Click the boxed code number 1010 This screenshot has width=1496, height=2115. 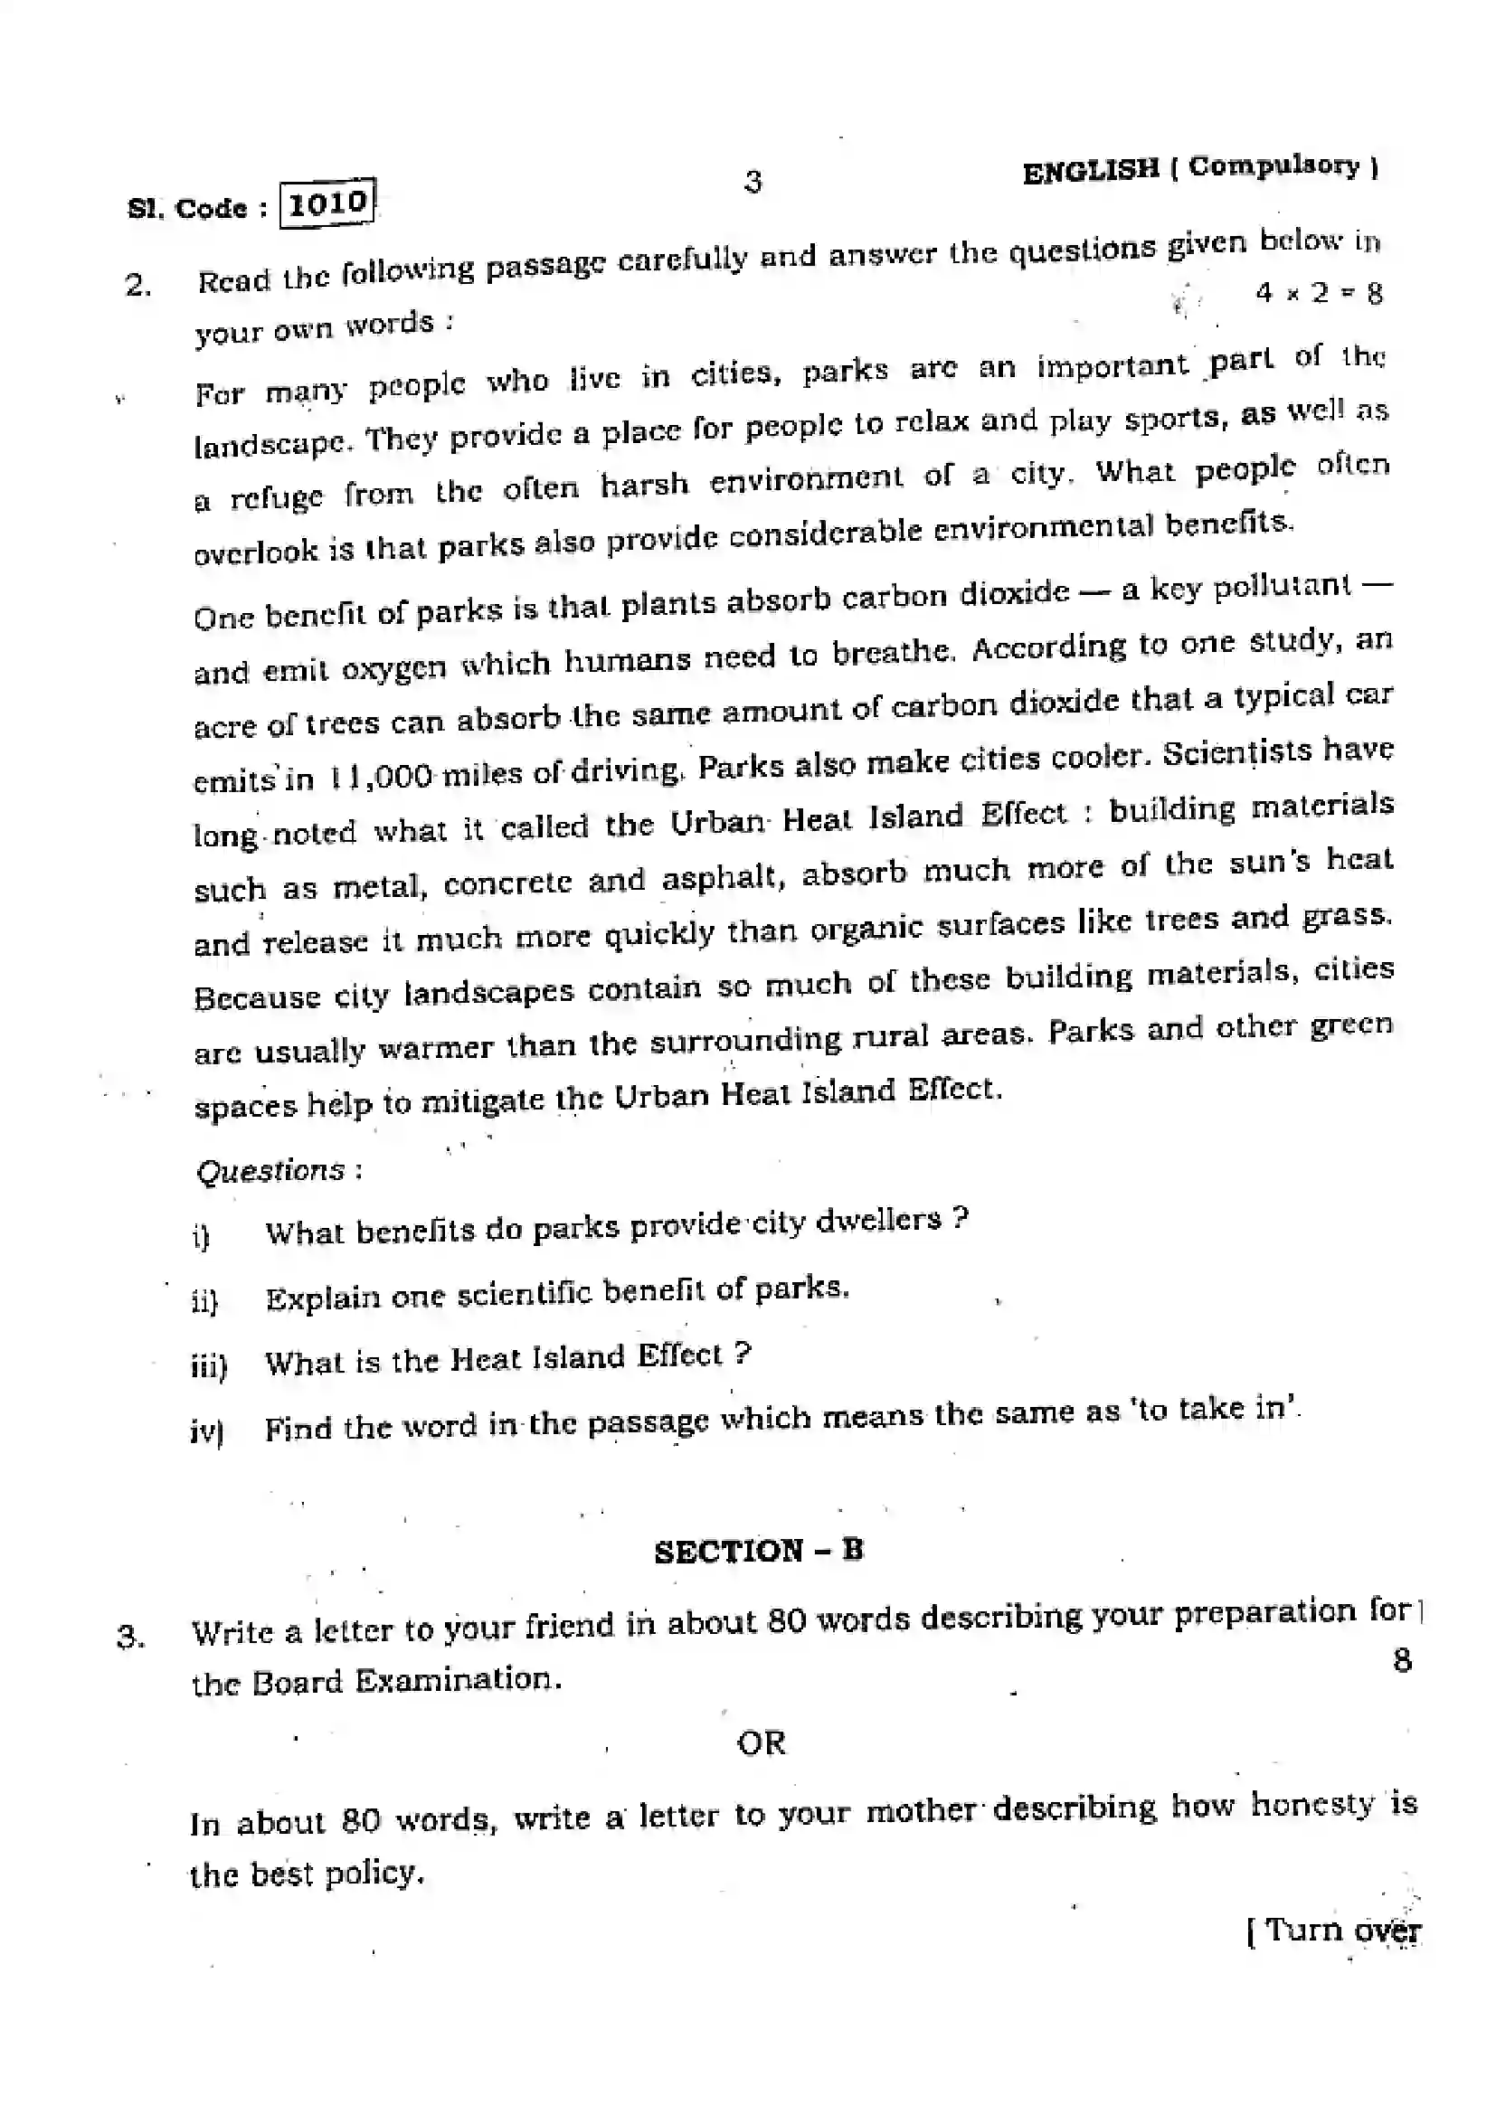coord(328,203)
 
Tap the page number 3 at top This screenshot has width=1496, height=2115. coord(753,182)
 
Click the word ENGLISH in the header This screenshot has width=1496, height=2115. coord(1091,171)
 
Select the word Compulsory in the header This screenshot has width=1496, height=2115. coord(1273,166)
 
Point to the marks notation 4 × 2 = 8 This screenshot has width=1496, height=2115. coord(1318,293)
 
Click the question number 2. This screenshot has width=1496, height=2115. coord(138,286)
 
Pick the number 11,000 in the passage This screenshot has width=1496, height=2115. coord(382,777)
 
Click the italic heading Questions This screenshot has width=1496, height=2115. coord(270,1171)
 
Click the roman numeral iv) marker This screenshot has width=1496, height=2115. coord(206,1430)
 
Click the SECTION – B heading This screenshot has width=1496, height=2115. coord(758,1552)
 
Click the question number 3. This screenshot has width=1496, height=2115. coord(131,1637)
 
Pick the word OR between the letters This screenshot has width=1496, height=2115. coord(761,1742)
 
